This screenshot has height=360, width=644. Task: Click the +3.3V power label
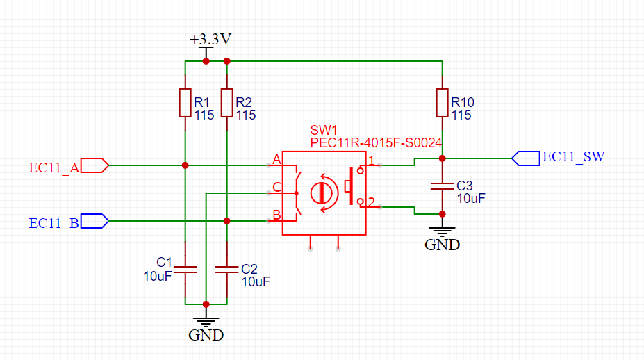(210, 40)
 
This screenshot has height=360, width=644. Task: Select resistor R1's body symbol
(185, 103)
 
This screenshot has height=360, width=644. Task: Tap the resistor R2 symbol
(226, 103)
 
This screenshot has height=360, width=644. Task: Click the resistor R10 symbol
(442, 103)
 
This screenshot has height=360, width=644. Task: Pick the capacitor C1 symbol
(185, 269)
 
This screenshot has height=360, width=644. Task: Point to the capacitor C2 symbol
(226, 269)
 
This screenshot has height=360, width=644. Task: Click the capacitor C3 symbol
(442, 186)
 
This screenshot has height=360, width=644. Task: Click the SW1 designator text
(324, 131)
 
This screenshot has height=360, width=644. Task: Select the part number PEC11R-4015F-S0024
(376, 142)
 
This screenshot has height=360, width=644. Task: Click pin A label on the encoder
(276, 160)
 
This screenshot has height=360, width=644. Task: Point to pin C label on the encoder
(276, 187)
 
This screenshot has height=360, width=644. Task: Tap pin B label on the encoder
(276, 215)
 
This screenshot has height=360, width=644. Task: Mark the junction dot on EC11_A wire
(185, 165)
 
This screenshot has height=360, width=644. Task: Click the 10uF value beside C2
(256, 282)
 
